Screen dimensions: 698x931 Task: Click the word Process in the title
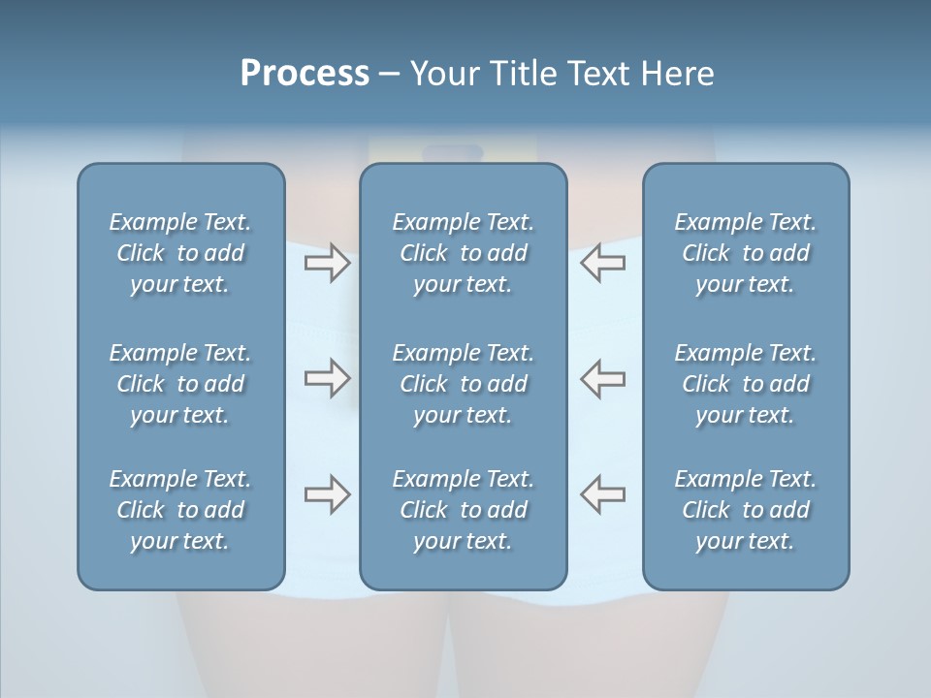click(x=305, y=74)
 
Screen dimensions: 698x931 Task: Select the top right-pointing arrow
click(x=327, y=263)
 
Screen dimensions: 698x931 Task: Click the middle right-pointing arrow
click(x=327, y=378)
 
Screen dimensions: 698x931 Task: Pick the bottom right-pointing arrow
click(x=327, y=494)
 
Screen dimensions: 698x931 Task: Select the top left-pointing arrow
click(x=602, y=263)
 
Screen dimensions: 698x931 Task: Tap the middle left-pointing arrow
click(x=602, y=378)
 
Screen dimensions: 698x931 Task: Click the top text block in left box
click(x=180, y=253)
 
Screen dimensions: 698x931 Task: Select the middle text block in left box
click(x=180, y=384)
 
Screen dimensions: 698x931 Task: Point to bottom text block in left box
click(x=180, y=510)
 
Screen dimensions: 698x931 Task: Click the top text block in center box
click(x=463, y=253)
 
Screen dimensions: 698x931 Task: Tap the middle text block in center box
click(x=463, y=384)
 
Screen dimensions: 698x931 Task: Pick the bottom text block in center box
click(x=463, y=510)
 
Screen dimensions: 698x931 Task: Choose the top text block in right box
click(x=746, y=253)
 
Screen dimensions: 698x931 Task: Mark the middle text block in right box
click(x=746, y=384)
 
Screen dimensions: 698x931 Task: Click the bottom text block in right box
click(x=746, y=510)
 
